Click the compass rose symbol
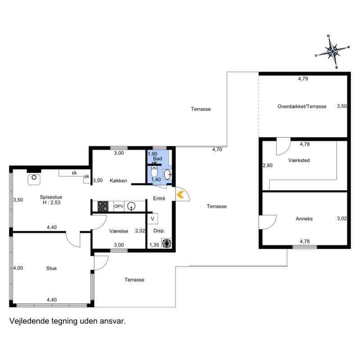(x=333, y=52)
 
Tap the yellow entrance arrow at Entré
(x=180, y=194)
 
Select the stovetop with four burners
(x=103, y=206)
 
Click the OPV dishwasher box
(x=119, y=206)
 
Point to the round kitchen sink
(x=131, y=206)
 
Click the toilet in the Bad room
(x=154, y=171)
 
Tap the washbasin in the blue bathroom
(x=167, y=175)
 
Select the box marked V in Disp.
(x=153, y=219)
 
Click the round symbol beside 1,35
(x=167, y=243)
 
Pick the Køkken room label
(x=118, y=181)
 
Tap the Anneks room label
(x=304, y=219)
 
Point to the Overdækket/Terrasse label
(x=301, y=107)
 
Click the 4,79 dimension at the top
(x=303, y=79)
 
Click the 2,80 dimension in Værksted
(x=268, y=165)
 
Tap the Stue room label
(x=51, y=268)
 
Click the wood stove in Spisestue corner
(x=34, y=179)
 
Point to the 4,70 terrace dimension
(x=217, y=150)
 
